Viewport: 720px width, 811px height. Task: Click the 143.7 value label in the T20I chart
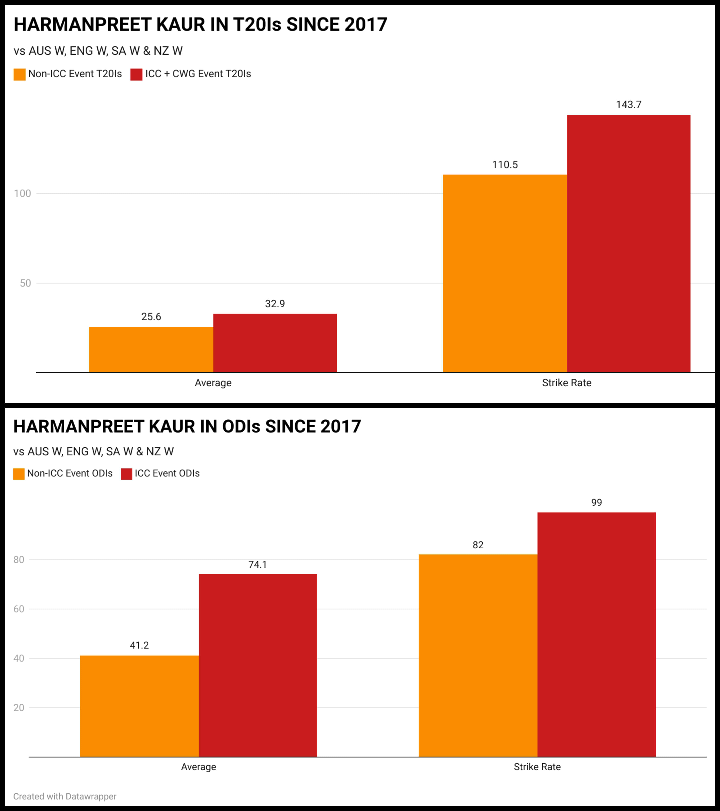click(628, 105)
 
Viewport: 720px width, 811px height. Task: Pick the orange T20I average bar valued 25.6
click(151, 350)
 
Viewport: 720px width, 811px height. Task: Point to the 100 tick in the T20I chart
click(23, 194)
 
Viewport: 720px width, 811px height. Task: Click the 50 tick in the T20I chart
click(25, 283)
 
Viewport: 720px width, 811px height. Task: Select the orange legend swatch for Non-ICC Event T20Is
click(19, 74)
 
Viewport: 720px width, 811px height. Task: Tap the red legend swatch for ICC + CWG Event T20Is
click(136, 74)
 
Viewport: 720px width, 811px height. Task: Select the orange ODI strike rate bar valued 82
click(478, 655)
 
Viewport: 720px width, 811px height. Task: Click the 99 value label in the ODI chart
click(596, 503)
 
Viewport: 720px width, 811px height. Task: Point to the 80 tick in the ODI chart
click(19, 560)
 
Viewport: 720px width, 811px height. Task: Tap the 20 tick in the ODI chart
click(19, 708)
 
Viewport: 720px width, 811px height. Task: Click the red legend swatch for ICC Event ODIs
click(127, 474)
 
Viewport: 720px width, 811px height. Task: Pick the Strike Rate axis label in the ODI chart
click(537, 767)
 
